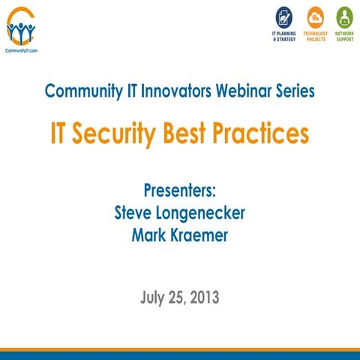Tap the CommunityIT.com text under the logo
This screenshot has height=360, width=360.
pyautogui.click(x=21, y=51)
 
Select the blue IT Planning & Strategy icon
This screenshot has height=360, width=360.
pyautogui.click(x=284, y=16)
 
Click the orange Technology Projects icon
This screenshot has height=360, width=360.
pyautogui.click(x=315, y=16)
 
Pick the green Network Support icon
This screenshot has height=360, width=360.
pyautogui.click(x=345, y=16)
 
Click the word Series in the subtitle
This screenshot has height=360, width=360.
pyautogui.click(x=295, y=91)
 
